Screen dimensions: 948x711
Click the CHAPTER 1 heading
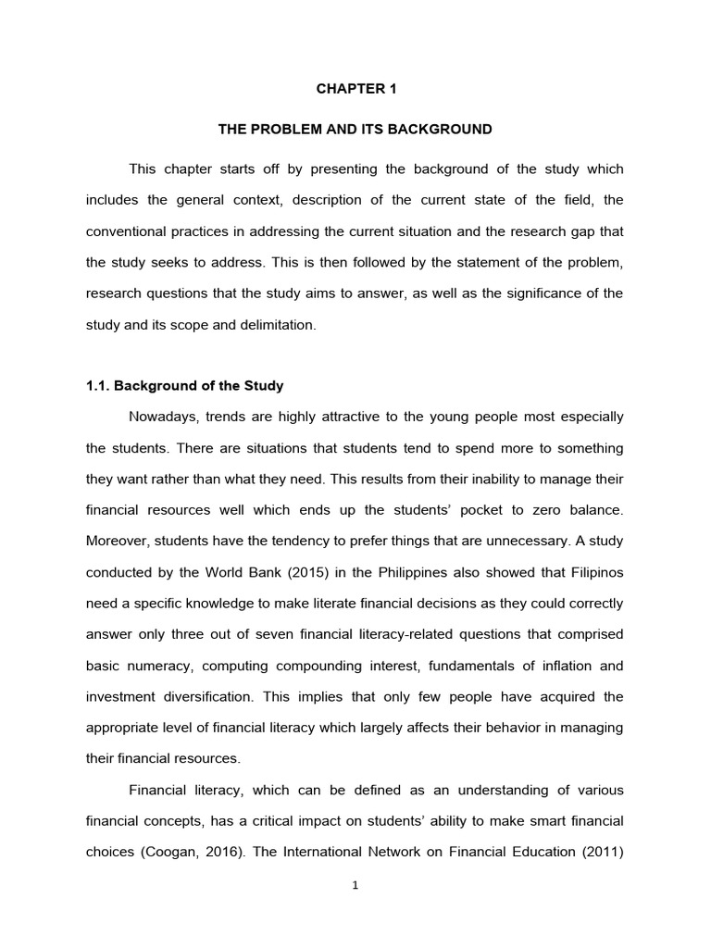[355, 90]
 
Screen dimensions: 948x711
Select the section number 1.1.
[100, 385]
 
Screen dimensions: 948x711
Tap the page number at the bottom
[355, 885]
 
